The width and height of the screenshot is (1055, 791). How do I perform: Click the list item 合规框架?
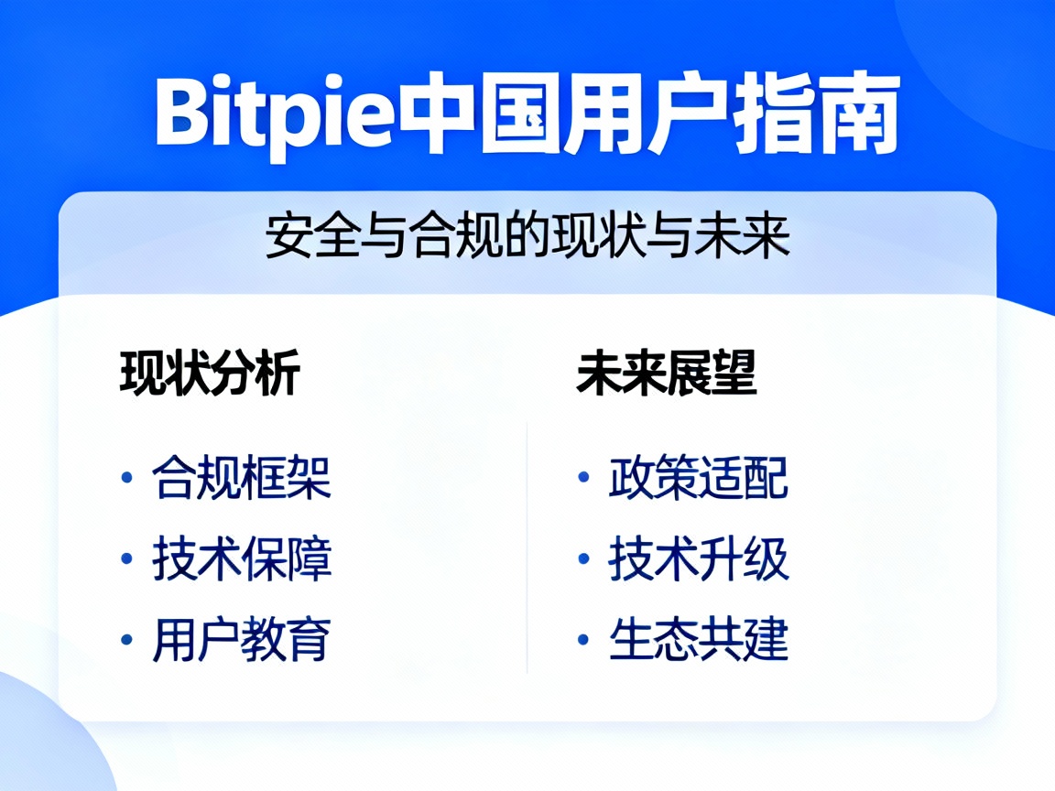pos(242,478)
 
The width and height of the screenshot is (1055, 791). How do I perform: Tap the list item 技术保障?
pos(242,558)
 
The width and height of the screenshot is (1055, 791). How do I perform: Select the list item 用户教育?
pos(242,639)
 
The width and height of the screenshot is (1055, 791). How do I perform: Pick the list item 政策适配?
pos(699,478)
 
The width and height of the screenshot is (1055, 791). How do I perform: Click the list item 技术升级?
pos(699,558)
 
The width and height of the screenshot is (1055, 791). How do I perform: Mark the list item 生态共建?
pos(699,639)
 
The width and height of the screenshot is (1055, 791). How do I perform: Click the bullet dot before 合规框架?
pos(126,479)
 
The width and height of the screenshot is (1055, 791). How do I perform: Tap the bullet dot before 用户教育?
pos(126,640)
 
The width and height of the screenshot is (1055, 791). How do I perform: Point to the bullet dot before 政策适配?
pos(582,479)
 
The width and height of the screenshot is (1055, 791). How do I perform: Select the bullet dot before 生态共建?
pos(582,640)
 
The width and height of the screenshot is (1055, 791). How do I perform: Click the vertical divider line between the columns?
pos(527,549)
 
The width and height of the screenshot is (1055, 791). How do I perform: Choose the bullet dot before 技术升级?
pos(582,559)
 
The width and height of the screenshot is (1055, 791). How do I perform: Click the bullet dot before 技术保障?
pos(126,559)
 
